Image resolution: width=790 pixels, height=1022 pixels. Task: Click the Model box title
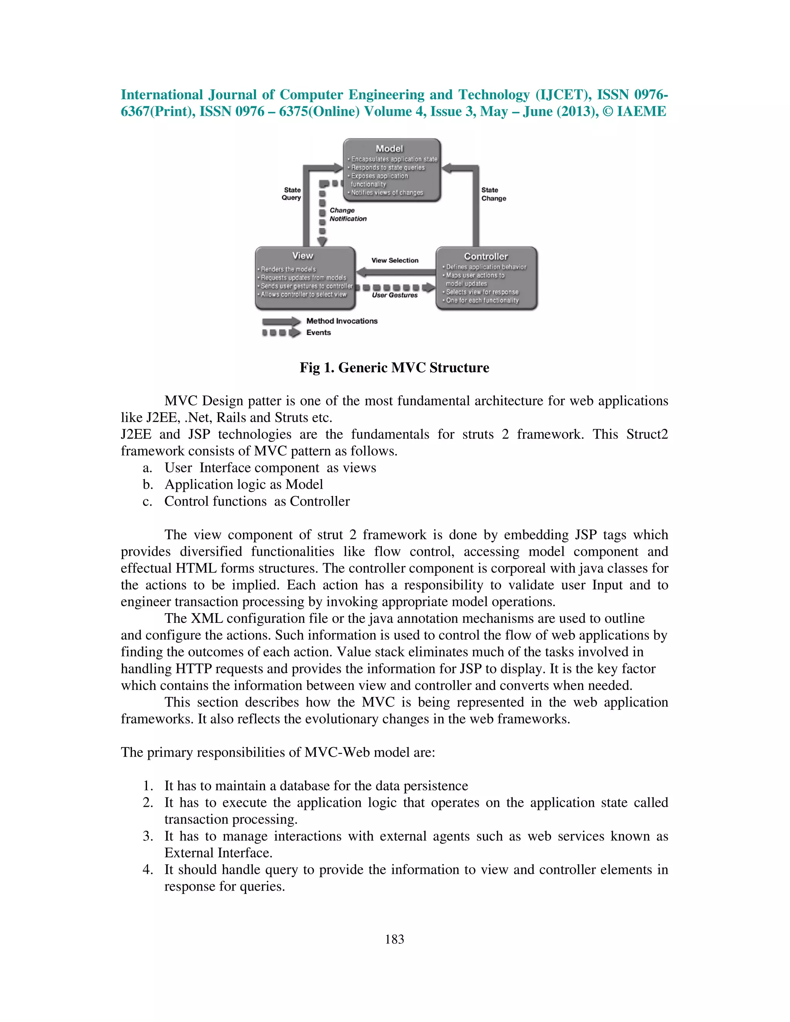point(389,148)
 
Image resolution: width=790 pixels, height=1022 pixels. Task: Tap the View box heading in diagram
point(302,255)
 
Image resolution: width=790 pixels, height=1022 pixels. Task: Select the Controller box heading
point(485,256)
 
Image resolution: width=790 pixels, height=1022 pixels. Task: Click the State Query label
point(292,194)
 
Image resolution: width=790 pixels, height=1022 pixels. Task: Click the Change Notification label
point(347,214)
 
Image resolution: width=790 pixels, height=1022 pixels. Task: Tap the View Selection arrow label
point(395,260)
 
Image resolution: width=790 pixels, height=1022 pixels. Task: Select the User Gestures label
point(394,295)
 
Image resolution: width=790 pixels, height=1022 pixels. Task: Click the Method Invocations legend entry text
point(342,321)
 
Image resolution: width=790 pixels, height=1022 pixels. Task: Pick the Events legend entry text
point(318,333)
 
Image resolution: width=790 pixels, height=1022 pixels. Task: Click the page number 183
point(394,939)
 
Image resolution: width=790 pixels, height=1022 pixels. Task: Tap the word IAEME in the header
point(641,111)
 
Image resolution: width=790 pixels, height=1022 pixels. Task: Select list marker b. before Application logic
point(147,484)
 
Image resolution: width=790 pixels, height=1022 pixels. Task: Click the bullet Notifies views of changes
point(387,193)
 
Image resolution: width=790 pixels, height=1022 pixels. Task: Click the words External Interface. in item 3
point(218,853)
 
